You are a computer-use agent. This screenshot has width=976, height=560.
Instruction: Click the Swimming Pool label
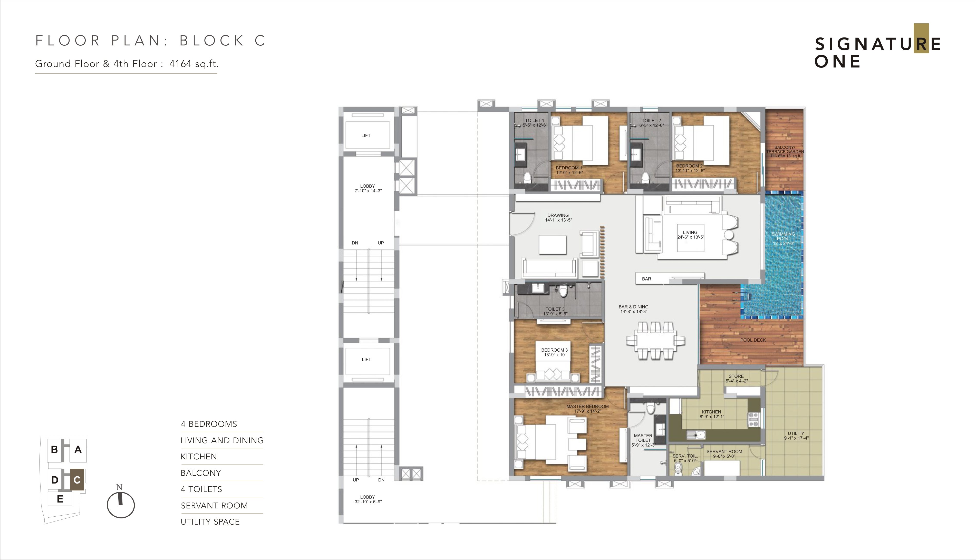click(783, 238)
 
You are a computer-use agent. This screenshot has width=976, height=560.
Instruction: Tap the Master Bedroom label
click(587, 409)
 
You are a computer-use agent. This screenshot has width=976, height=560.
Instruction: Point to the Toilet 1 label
click(535, 123)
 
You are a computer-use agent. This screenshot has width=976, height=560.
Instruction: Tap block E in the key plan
click(60, 499)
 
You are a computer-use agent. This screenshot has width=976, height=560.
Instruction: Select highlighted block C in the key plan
click(77, 480)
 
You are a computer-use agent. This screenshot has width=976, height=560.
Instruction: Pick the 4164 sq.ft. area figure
click(194, 64)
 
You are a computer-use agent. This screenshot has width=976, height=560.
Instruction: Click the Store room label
click(736, 379)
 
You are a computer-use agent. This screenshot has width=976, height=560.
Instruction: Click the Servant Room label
click(724, 454)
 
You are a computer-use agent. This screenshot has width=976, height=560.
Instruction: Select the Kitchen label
click(711, 414)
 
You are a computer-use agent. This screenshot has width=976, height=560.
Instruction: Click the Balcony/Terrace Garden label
click(785, 151)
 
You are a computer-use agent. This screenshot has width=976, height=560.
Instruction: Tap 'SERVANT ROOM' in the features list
click(214, 505)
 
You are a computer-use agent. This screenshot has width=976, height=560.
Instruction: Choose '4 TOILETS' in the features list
click(201, 489)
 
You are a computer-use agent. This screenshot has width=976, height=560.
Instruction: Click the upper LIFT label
click(366, 136)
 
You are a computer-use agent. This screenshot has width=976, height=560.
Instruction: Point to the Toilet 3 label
click(555, 311)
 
